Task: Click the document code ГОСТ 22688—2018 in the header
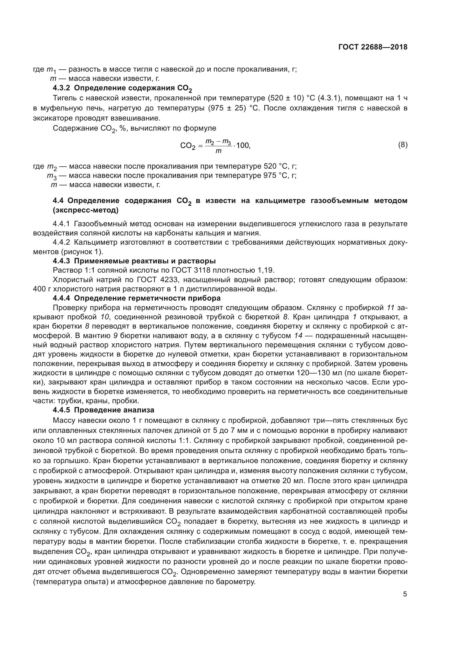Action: coord(373,47)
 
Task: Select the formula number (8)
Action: coord(403,145)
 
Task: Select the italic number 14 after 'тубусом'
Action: coord(298,336)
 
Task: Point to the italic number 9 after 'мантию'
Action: coord(115,336)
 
